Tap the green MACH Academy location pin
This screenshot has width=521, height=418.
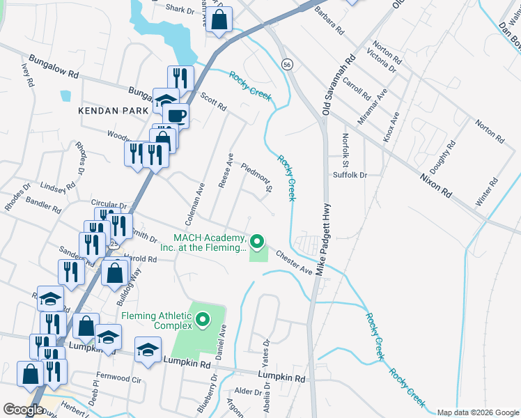tap(258, 242)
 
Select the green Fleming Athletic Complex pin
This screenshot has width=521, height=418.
tap(203, 320)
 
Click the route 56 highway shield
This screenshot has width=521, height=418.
tap(287, 64)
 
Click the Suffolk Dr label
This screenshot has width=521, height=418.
tap(349, 175)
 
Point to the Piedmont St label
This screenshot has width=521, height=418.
tap(255, 177)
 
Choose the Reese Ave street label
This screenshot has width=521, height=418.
tap(226, 167)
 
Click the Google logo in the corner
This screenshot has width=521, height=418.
tap(23, 410)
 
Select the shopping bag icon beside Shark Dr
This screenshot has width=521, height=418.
tap(219, 21)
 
